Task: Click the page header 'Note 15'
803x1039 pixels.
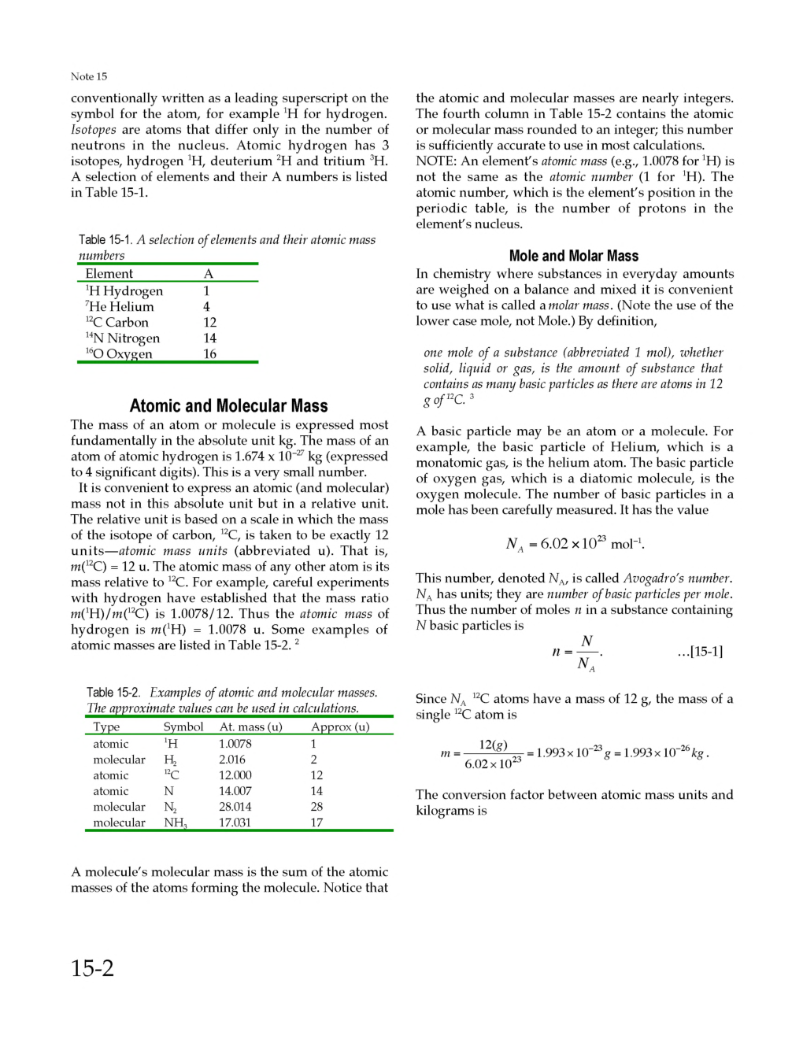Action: [x=89, y=76]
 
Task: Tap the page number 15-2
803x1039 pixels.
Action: [x=92, y=967]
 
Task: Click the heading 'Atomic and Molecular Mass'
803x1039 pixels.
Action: [x=228, y=405]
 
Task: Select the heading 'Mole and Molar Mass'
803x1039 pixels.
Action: [x=573, y=256]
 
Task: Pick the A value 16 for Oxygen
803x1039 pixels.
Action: [x=209, y=353]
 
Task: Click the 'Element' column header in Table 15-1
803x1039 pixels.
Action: [x=109, y=273]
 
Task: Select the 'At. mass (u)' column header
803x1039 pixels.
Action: [x=250, y=727]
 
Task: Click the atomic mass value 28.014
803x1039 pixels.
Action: [x=235, y=807]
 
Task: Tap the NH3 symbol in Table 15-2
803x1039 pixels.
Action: [x=175, y=823]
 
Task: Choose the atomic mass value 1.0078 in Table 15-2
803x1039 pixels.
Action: [x=235, y=744]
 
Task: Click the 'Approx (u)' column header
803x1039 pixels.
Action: [x=340, y=727]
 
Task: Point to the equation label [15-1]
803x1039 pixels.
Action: [x=700, y=651]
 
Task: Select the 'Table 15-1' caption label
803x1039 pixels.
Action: [x=105, y=239]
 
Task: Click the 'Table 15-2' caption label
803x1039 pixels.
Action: [x=113, y=693]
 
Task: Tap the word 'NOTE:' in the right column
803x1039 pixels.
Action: [x=436, y=161]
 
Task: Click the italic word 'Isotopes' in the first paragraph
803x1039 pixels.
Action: [x=93, y=129]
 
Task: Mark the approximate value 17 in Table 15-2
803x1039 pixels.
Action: [x=316, y=823]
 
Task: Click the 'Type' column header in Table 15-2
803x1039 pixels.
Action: [x=106, y=727]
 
